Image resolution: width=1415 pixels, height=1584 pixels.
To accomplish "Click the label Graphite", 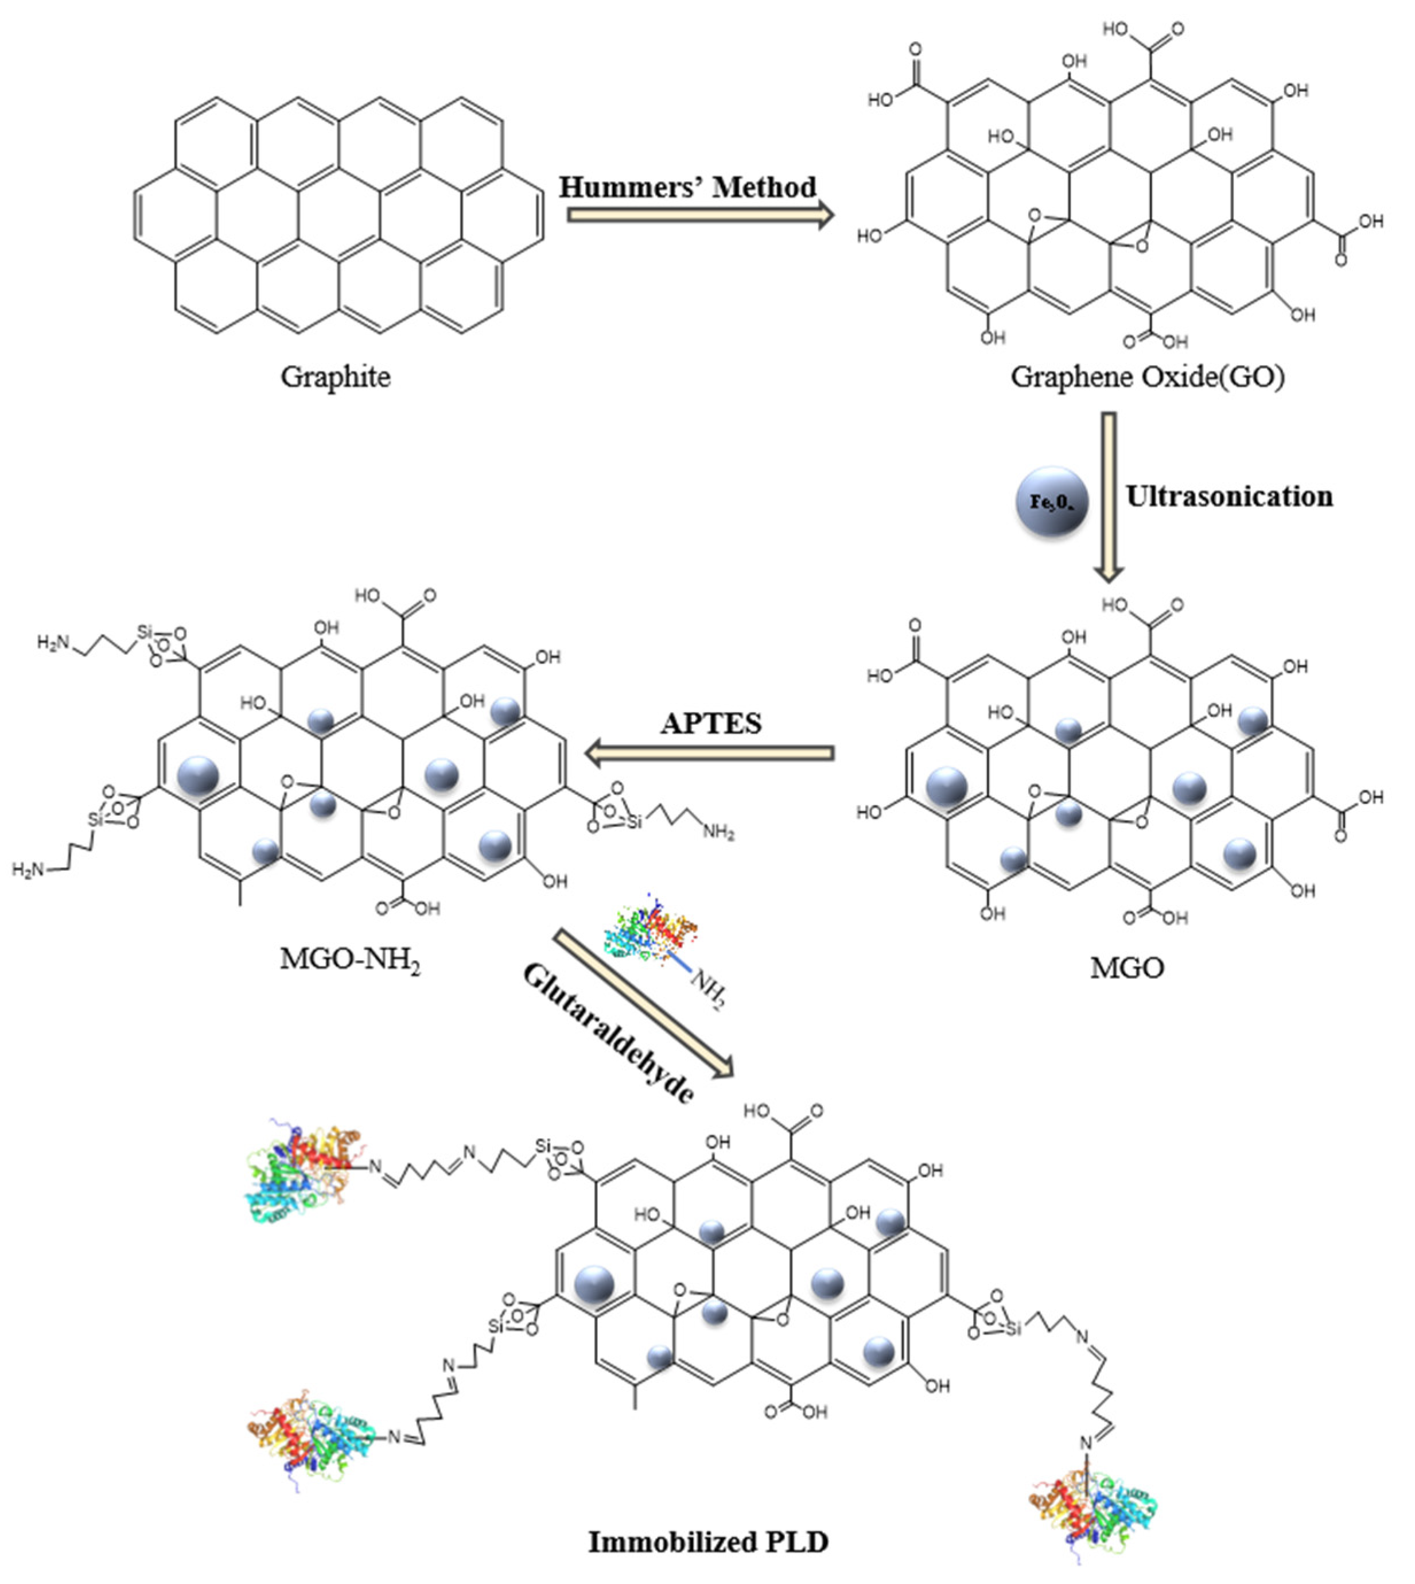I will click(335, 377).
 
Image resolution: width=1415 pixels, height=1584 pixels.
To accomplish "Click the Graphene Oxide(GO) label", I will click(1147, 377).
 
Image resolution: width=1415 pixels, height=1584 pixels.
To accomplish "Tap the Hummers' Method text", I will click(687, 188).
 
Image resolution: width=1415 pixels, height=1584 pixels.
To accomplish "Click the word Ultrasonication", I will click(1229, 496).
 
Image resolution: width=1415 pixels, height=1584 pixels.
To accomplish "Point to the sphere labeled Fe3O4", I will click(1052, 502).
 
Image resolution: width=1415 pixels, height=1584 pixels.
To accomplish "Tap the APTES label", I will click(710, 724).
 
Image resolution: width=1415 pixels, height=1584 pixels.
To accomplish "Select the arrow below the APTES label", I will click(709, 753).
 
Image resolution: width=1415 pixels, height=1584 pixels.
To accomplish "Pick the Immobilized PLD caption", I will click(707, 1541).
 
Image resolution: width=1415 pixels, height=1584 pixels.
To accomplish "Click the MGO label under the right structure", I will click(1126, 968).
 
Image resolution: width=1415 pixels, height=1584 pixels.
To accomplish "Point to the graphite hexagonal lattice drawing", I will click(338, 215).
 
